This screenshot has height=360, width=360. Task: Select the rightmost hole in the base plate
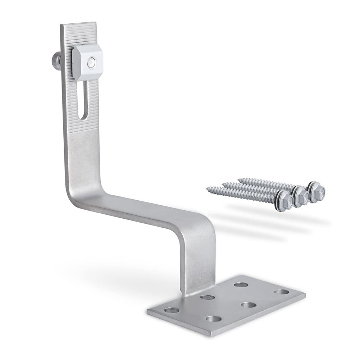pos(282,292)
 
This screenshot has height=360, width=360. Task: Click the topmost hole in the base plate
pos(241,285)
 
